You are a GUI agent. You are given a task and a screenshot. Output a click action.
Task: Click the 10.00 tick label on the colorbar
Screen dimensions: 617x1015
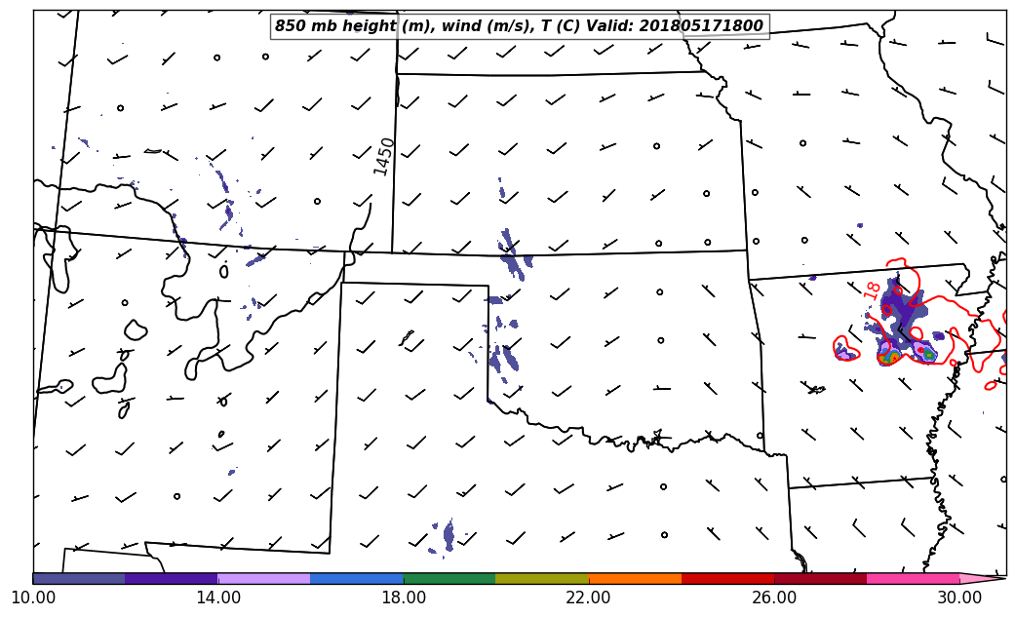tap(33, 597)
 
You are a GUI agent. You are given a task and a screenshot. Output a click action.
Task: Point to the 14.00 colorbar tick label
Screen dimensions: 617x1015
tap(218, 597)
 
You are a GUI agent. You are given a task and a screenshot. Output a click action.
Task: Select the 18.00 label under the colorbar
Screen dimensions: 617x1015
tap(404, 597)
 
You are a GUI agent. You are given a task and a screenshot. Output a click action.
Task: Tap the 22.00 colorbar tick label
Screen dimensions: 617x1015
tap(589, 597)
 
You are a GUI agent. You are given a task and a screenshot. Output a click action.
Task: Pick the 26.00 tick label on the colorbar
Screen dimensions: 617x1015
tap(774, 597)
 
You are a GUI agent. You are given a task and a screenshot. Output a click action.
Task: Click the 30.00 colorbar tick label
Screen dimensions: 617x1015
tap(959, 597)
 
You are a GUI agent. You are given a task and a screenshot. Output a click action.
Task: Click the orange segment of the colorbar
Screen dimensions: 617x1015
tap(635, 578)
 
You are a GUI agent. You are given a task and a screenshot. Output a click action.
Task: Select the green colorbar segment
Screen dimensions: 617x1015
tap(449, 578)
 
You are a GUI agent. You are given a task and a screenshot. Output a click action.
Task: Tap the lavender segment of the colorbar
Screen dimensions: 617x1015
tap(264, 578)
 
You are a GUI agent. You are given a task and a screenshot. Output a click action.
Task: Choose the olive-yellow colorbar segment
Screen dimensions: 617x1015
tap(542, 578)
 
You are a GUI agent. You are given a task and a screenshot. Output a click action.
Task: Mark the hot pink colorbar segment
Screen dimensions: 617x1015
tap(913, 578)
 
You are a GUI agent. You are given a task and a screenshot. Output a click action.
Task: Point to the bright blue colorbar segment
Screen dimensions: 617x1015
tap(357, 578)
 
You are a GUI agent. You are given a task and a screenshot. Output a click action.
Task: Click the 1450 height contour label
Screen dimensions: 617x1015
tap(385, 156)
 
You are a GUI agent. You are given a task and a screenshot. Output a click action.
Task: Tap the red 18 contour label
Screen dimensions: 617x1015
tap(872, 289)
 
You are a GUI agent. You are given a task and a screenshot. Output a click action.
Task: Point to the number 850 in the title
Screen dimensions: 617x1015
tap(290, 26)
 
